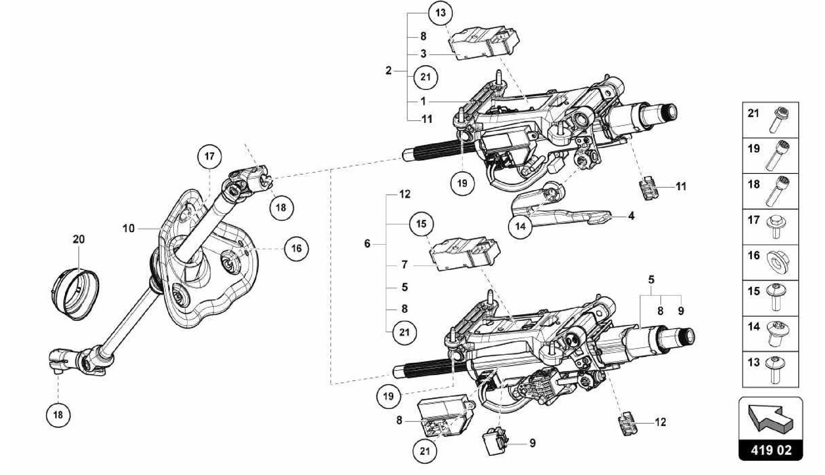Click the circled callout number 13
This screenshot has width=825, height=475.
click(441, 13)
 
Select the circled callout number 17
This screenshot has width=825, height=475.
click(209, 156)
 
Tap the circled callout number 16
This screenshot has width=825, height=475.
click(296, 249)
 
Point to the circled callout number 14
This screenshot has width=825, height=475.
click(520, 226)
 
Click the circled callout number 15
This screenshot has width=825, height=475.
click(421, 223)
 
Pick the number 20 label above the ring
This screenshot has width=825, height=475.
click(79, 240)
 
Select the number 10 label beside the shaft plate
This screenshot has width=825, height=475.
click(129, 229)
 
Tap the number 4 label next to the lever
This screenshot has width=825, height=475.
click(631, 216)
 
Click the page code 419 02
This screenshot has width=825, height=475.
click(771, 450)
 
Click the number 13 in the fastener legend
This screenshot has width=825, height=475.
click(753, 362)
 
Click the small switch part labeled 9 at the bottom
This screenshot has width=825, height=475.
click(495, 442)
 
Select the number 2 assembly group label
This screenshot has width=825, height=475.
click(388, 71)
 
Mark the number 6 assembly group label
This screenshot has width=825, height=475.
click(367, 244)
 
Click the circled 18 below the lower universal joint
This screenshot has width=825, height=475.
click(58, 414)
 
